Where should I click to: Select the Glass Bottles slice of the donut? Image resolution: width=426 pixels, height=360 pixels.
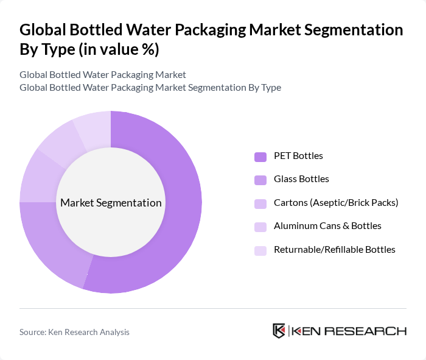[52, 250]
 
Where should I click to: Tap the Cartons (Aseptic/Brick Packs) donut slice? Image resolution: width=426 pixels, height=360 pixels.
[37, 177]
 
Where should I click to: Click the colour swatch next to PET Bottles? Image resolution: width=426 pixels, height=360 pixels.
[260, 156]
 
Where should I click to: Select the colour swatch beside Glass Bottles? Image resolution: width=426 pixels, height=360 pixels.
[260, 179]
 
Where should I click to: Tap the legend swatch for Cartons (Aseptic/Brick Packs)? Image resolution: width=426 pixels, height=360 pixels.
[260, 203]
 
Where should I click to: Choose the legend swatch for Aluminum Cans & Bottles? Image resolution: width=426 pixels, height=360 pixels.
[260, 226]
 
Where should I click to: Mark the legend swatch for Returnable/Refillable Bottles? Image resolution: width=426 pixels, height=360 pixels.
[260, 250]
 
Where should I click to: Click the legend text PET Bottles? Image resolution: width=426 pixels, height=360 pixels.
[298, 156]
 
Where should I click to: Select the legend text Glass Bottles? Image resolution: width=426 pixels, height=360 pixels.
[301, 179]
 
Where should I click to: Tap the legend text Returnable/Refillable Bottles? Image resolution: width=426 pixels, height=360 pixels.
[335, 250]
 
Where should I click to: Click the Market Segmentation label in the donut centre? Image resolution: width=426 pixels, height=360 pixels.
[111, 203]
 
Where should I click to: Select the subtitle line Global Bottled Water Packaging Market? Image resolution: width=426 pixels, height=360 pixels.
[103, 75]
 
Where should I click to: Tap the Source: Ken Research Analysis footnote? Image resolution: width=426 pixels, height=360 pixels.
[74, 332]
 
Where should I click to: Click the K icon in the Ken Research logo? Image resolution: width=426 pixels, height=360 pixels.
[279, 331]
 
